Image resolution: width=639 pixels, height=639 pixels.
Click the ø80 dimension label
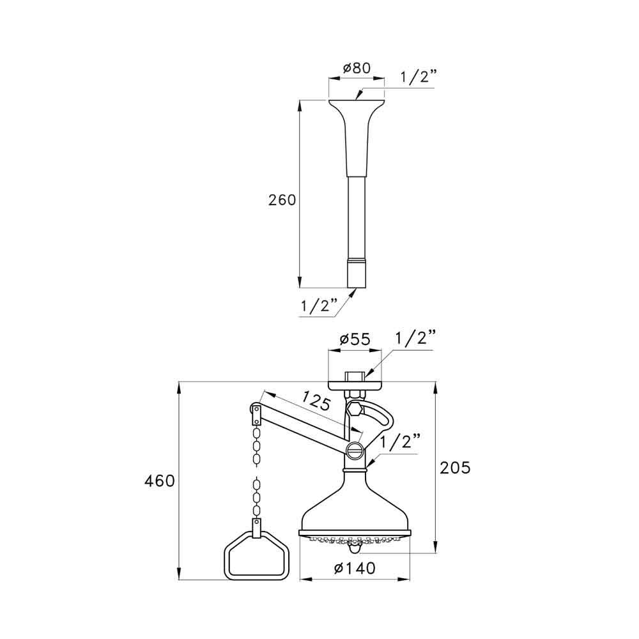[356, 68]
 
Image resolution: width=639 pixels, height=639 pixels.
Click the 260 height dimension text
[282, 200]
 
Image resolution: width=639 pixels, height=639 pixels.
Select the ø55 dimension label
[354, 339]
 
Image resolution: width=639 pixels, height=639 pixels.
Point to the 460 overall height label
[160, 481]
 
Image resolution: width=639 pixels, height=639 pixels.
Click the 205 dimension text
[455, 468]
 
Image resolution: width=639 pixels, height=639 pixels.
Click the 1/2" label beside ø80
[419, 78]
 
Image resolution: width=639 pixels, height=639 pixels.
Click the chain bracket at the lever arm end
[256, 413]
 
